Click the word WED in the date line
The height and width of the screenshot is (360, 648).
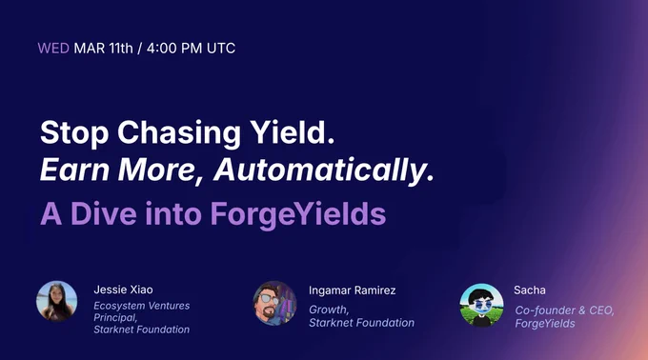[x=53, y=49]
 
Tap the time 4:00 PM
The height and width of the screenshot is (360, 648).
[x=174, y=49]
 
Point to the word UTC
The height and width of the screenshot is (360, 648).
[x=221, y=49]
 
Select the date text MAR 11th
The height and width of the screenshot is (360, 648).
[x=103, y=49]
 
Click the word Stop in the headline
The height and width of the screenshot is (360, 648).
[x=74, y=133]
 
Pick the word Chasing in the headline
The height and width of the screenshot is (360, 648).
[x=179, y=133]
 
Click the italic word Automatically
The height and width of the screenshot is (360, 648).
[x=324, y=170]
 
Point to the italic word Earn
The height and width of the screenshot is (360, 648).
[x=74, y=170]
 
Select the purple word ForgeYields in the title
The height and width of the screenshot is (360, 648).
[x=298, y=214]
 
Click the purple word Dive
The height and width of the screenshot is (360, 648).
[x=103, y=213]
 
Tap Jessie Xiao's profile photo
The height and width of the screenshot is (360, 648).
[x=57, y=301]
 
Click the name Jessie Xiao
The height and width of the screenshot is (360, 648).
[x=123, y=290]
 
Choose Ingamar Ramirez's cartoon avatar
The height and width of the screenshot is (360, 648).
[x=274, y=303]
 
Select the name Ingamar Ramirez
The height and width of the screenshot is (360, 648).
[x=352, y=290]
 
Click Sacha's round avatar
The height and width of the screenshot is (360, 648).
[x=481, y=305]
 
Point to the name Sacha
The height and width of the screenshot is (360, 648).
[x=530, y=290]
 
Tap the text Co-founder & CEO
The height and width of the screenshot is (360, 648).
[x=564, y=310]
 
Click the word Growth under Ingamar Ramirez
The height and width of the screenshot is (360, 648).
[x=329, y=310]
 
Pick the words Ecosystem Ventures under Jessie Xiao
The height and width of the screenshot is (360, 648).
[x=142, y=306]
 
